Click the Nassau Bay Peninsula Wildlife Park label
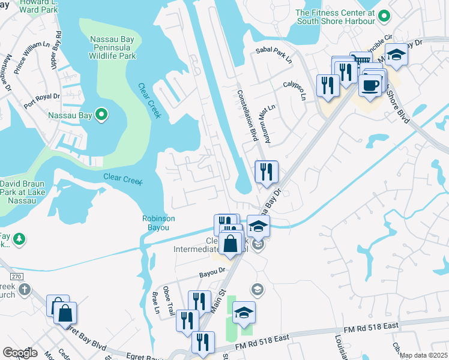pyautogui.click(x=113, y=47)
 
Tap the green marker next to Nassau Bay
pyautogui.click(x=101, y=113)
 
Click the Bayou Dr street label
pyautogui.click(x=212, y=271)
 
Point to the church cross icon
pyautogui.click(x=24, y=290)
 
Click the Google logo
pyautogui.click(x=20, y=353)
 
